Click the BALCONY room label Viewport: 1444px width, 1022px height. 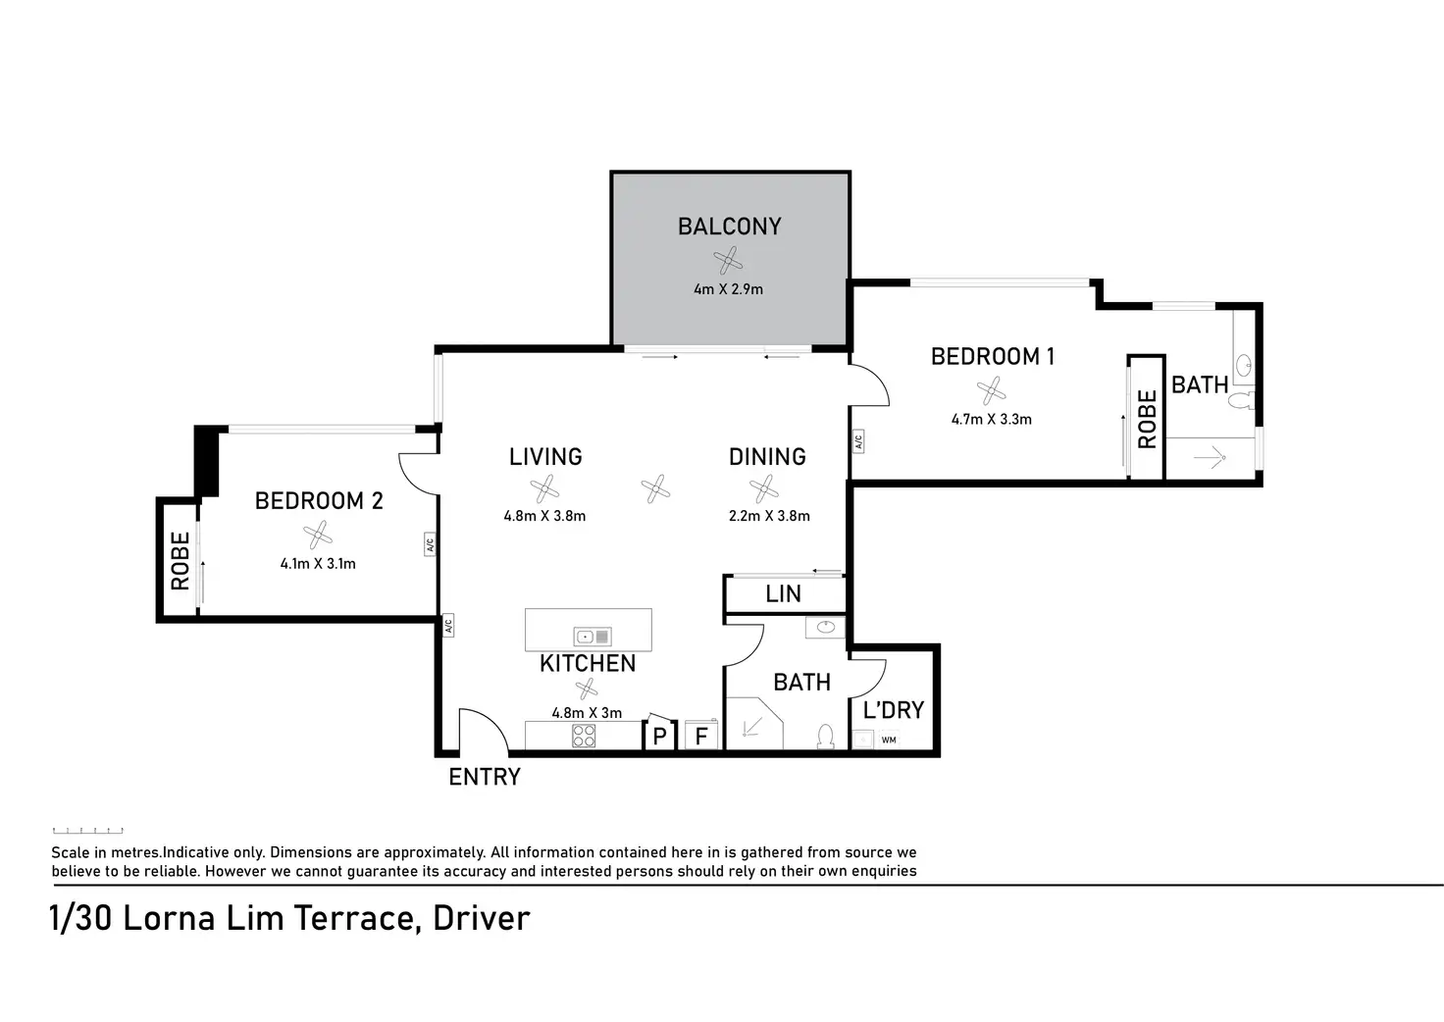[729, 227]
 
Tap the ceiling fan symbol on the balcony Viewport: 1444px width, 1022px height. [728, 261]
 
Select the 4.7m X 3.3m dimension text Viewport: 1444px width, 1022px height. [991, 419]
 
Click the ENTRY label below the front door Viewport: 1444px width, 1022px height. [484, 778]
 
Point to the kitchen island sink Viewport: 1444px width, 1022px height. [593, 636]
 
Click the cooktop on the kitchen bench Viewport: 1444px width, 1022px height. [584, 736]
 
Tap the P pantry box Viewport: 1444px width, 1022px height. [659, 736]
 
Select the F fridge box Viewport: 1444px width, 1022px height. [701, 736]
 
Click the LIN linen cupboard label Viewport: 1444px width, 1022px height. [783, 594]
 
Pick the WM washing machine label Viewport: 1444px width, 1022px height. [889, 741]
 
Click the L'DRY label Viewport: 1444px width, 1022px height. [893, 709]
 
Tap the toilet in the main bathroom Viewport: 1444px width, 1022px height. [826, 736]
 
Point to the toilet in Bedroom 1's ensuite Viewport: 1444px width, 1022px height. [1241, 399]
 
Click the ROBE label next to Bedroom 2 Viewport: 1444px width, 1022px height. [180, 561]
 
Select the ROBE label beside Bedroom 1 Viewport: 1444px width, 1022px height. [1147, 419]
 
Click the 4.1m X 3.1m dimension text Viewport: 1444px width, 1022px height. [318, 564]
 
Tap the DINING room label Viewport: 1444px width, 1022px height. [767, 457]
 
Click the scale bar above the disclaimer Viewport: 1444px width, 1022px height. [87, 830]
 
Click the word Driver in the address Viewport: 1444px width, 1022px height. [481, 919]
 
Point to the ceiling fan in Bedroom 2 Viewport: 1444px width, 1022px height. [318, 535]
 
